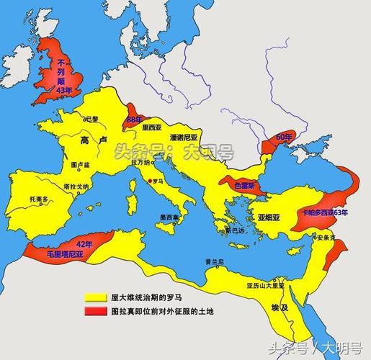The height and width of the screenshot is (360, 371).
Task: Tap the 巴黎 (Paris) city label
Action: point(93,117)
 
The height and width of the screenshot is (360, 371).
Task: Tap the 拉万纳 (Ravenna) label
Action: point(140,163)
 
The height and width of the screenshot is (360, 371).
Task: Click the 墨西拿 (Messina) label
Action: point(170,217)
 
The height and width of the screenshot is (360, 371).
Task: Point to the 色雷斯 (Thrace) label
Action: point(245,185)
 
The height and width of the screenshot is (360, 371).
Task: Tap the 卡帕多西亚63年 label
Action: point(325,213)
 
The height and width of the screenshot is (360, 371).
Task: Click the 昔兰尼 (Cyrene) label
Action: point(214,261)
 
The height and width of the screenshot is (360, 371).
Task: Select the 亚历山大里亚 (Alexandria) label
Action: point(266,285)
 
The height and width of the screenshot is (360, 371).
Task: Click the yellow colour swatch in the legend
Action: point(95,297)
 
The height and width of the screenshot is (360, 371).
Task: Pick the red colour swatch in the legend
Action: point(95,311)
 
